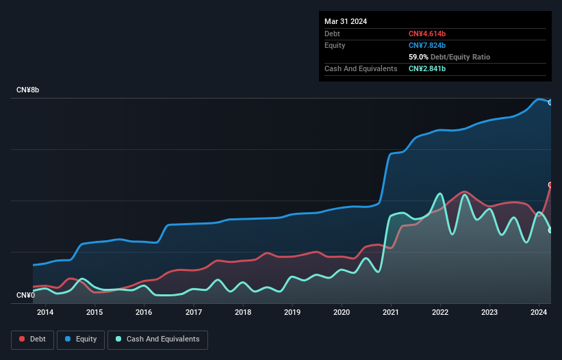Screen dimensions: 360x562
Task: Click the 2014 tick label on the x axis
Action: (45, 313)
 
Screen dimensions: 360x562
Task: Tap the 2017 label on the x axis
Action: (193, 313)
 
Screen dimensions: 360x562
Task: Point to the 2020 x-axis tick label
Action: (342, 313)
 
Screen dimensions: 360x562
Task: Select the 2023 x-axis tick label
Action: (489, 313)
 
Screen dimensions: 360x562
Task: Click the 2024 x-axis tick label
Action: (539, 313)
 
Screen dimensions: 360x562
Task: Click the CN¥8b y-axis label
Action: (28, 90)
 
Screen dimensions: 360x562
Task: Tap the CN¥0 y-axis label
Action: (26, 296)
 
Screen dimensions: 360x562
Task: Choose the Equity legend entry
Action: (81, 339)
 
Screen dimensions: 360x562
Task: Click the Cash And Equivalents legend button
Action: (157, 339)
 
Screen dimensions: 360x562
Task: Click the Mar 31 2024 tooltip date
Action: (346, 21)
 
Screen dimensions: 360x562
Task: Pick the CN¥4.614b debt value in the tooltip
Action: (427, 34)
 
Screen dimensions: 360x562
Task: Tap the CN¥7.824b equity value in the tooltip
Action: (427, 45)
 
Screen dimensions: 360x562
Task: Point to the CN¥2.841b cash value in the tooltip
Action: (427, 68)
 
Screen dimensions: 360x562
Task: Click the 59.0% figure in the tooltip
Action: (419, 57)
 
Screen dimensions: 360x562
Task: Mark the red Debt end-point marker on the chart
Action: (550, 185)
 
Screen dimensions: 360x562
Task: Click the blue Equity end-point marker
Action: (550, 102)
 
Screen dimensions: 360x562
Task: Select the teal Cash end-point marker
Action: (550, 230)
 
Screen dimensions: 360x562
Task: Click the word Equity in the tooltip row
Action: (335, 45)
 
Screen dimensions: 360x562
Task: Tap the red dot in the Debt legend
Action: (23, 339)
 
